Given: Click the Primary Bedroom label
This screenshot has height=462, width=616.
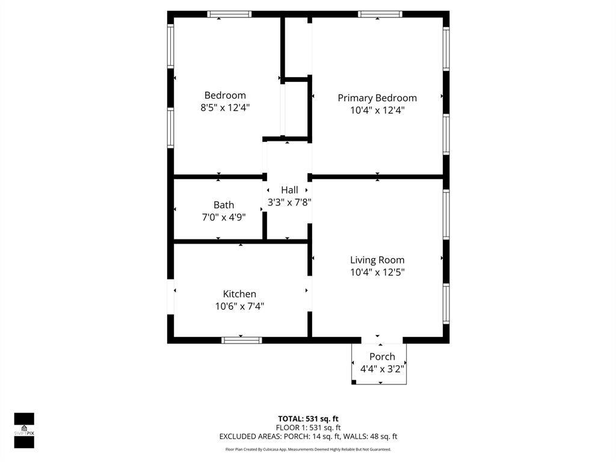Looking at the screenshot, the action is (x=377, y=98).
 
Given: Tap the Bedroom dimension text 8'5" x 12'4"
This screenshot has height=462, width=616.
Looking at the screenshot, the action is (x=225, y=108).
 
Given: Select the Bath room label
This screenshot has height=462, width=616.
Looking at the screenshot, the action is (x=224, y=205).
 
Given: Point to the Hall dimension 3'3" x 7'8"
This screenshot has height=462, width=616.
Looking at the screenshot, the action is (x=289, y=203).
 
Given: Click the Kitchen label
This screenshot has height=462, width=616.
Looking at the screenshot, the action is (x=239, y=294).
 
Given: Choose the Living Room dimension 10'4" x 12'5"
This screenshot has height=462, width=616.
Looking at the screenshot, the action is (x=377, y=272).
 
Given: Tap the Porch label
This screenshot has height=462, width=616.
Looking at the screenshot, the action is (x=382, y=357).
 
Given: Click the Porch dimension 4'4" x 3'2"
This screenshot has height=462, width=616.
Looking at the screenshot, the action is (x=382, y=369).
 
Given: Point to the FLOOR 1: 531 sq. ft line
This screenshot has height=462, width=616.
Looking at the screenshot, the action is (x=308, y=428).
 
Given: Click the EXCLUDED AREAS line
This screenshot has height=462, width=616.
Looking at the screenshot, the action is (x=308, y=437).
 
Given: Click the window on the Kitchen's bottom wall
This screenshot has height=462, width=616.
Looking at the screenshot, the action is (x=242, y=340).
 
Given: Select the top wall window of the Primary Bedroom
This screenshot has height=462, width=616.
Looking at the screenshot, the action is (x=380, y=14).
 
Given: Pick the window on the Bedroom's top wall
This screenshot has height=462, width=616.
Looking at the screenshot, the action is (x=229, y=14).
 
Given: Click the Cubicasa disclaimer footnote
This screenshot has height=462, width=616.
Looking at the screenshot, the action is (x=308, y=449).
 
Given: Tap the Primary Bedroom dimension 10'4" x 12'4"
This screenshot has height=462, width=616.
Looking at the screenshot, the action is (x=377, y=110).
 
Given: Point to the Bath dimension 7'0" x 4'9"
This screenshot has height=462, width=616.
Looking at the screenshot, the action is (x=224, y=217).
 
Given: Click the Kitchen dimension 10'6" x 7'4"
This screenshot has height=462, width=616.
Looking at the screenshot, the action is (x=239, y=306).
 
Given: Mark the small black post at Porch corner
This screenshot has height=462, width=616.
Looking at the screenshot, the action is (x=354, y=382).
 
